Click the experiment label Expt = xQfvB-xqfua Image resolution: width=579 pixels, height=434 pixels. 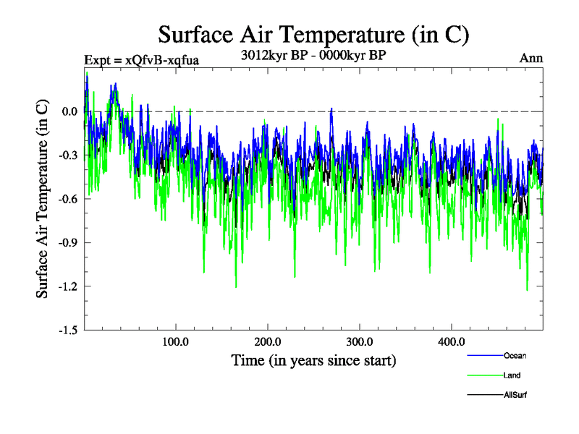[x=142, y=59]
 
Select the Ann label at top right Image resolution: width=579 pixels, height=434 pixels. [x=531, y=58]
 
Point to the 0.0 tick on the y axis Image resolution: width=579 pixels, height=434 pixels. [x=69, y=111]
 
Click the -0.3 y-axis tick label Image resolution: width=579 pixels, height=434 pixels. [x=68, y=155]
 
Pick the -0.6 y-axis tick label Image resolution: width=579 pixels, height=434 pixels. [x=68, y=199]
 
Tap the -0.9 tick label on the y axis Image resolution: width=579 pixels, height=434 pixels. [x=68, y=242]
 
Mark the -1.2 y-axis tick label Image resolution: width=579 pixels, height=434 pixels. [x=68, y=286]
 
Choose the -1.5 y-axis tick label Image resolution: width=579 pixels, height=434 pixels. [x=68, y=330]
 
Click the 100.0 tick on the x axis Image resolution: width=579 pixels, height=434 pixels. [x=176, y=341]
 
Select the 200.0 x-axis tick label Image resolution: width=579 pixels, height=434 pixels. [x=268, y=341]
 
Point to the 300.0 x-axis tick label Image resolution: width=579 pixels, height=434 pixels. [x=360, y=341]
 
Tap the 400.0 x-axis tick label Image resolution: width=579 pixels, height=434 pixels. [x=452, y=341]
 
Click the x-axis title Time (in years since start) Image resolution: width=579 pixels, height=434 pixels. [x=313, y=360]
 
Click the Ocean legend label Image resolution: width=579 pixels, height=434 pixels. [x=515, y=356]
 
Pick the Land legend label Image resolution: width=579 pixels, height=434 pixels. [x=512, y=375]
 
